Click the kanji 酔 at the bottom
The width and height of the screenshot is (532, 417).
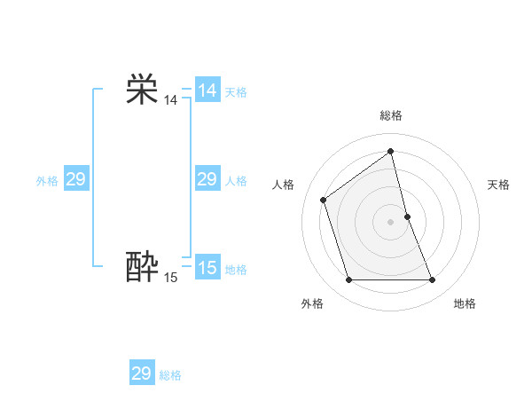pos(142,267)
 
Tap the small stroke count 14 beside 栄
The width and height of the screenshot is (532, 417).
pos(170,101)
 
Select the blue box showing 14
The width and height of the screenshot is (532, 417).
pos(207,90)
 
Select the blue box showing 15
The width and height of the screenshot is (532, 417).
pos(207,268)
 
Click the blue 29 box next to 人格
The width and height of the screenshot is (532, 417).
pos(207,179)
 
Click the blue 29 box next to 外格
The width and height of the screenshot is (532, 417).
pos(76,179)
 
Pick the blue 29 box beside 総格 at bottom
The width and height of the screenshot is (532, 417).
pos(142,374)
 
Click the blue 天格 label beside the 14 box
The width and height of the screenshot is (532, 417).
pos(236,92)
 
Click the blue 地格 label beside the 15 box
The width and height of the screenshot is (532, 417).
pos(236,270)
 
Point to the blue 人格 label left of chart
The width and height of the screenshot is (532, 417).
pos(236,181)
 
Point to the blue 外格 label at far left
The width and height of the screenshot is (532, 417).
pos(47,181)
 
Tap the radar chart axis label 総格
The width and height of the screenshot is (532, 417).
pos(391,115)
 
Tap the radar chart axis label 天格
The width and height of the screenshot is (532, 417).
pos(498,185)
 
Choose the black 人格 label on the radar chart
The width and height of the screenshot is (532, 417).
pos(283,185)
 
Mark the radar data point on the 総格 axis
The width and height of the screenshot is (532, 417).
pos(391,151)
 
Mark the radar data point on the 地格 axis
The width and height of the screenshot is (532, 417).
pos(433,280)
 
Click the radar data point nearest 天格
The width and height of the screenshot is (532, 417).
pos(407,216)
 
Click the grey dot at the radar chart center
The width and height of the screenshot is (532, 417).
pos(391,221)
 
